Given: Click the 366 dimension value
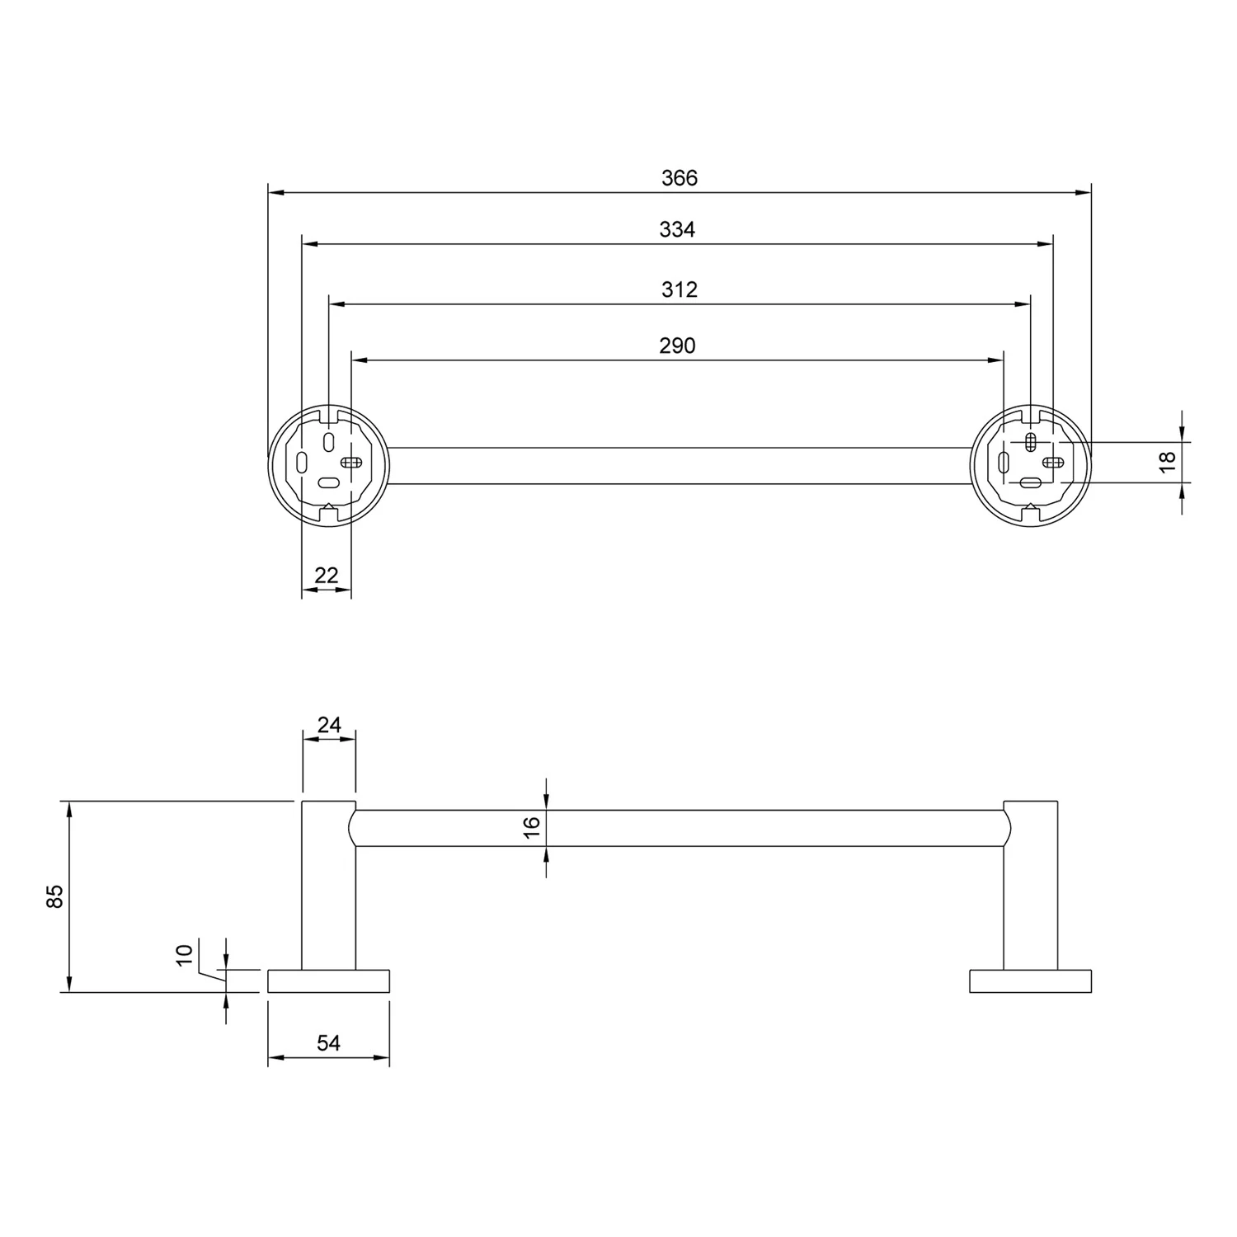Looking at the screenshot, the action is pyautogui.click(x=680, y=177).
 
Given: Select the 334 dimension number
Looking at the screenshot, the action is pyautogui.click(x=677, y=229).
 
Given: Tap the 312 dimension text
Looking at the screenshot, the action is pyautogui.click(x=680, y=289).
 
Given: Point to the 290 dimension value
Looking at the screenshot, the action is pyautogui.click(x=677, y=346).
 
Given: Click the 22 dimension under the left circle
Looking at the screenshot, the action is pyautogui.click(x=327, y=575).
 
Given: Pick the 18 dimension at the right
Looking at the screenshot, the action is pyautogui.click(x=1167, y=462).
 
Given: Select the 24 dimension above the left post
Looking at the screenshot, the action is pyautogui.click(x=329, y=725).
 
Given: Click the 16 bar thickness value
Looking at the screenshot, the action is pyautogui.click(x=531, y=827).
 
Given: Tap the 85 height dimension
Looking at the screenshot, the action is pyautogui.click(x=54, y=896).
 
